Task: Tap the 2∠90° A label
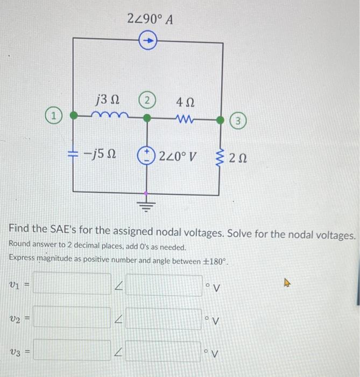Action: pyautogui.click(x=150, y=20)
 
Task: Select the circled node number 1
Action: pyautogui.click(x=54, y=115)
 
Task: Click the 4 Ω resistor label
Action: pyautogui.click(x=186, y=101)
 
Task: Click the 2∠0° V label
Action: pyautogui.click(x=178, y=157)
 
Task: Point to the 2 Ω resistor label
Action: pyautogui.click(x=238, y=158)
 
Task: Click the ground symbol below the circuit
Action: pyautogui.click(x=146, y=204)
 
